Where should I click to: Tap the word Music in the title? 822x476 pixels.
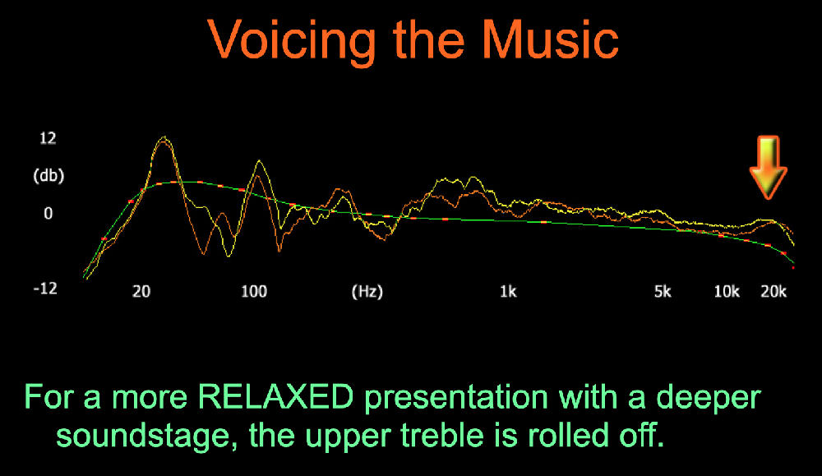pyautogui.click(x=551, y=39)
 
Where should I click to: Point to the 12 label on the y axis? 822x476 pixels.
pyautogui.click(x=48, y=138)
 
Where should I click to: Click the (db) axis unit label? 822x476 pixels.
pyautogui.click(x=48, y=175)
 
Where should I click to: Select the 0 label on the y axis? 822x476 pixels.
pyautogui.click(x=48, y=214)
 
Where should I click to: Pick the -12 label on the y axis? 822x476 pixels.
pyautogui.click(x=45, y=289)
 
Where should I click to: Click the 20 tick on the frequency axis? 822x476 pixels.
pyautogui.click(x=141, y=292)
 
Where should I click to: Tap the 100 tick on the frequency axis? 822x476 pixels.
pyautogui.click(x=254, y=292)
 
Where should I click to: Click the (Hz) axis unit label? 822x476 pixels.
pyautogui.click(x=367, y=292)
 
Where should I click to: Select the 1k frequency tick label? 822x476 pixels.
pyautogui.click(x=507, y=292)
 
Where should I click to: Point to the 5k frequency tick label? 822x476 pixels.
pyautogui.click(x=663, y=292)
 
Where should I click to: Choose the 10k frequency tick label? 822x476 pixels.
pyautogui.click(x=727, y=292)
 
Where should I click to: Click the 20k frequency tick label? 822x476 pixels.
pyautogui.click(x=774, y=292)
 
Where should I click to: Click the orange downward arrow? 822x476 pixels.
pyautogui.click(x=768, y=168)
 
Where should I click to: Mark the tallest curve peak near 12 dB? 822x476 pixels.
pyautogui.click(x=164, y=138)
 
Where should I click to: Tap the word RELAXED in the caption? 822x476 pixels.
pyautogui.click(x=275, y=397)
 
